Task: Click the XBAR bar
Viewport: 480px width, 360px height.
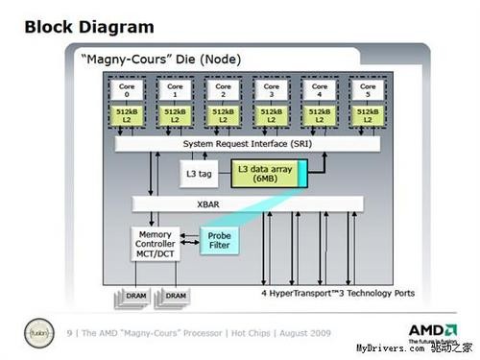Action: [x=248, y=204]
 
